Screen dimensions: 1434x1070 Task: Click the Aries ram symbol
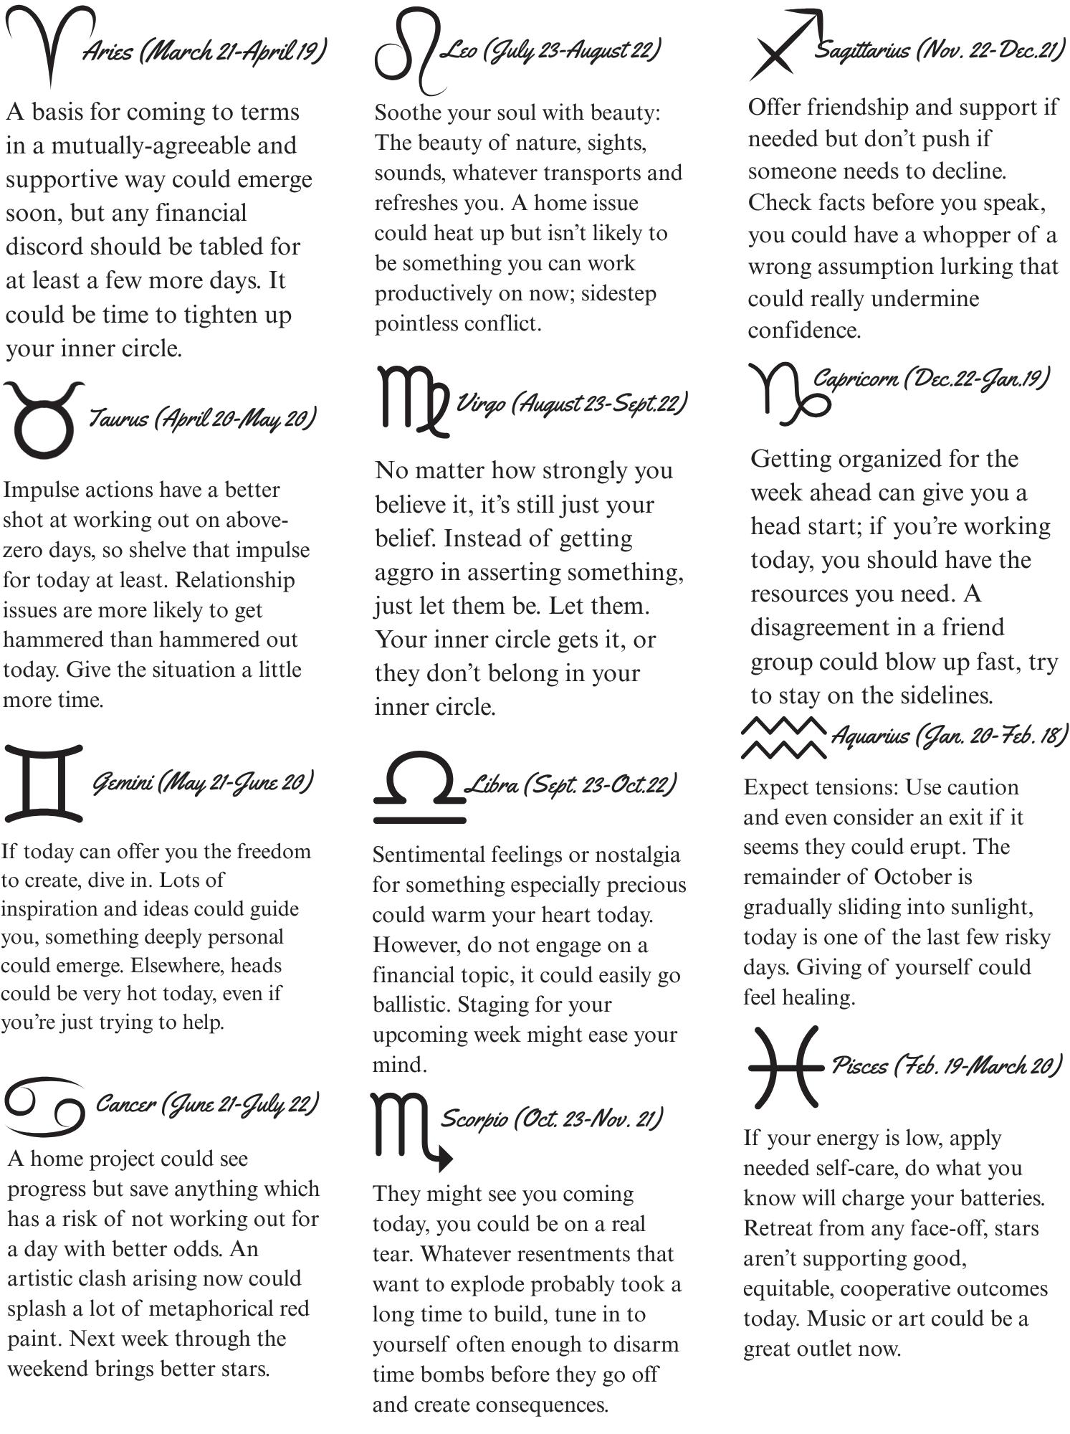click(x=49, y=43)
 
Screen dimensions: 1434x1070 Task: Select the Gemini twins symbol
click(x=44, y=783)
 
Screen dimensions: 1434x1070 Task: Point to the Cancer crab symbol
click(x=44, y=1105)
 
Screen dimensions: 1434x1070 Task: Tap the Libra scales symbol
click(x=419, y=787)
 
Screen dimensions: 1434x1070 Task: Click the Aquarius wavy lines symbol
click(x=783, y=737)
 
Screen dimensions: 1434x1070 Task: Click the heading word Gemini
click(x=122, y=783)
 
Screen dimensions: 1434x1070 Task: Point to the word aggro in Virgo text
click(x=403, y=573)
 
